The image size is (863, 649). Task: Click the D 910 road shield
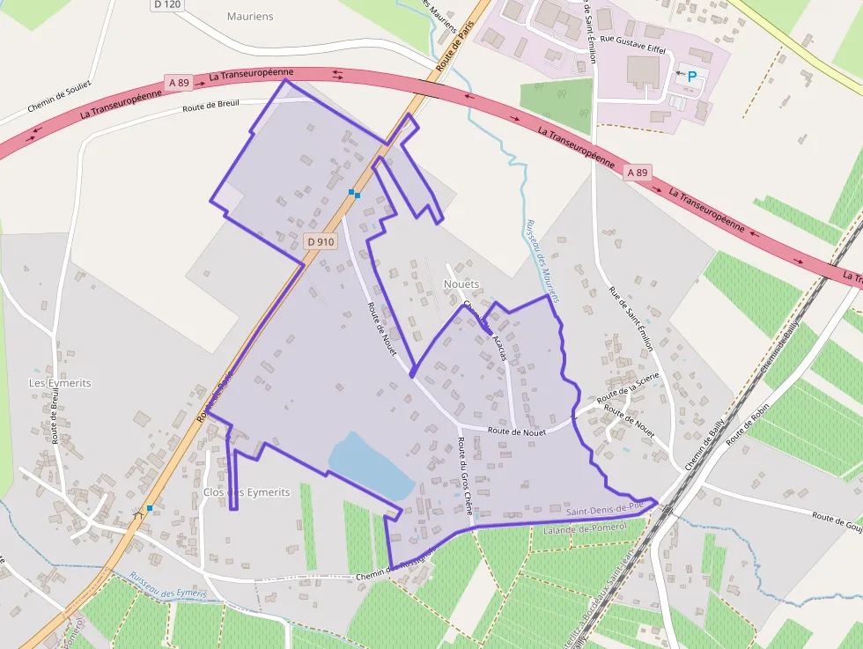321,241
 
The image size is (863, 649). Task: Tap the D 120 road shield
166,4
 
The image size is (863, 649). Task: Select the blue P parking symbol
691,77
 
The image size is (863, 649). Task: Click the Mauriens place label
250,17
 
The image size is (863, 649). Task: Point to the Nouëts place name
461,284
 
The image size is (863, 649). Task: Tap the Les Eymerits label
60,383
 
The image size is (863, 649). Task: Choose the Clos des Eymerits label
246,492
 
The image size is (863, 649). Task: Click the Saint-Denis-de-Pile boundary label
608,510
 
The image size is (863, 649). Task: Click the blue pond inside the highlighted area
370,465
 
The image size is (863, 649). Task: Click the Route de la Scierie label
628,389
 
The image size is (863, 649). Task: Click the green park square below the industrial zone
557,105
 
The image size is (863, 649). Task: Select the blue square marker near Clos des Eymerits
150,508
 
